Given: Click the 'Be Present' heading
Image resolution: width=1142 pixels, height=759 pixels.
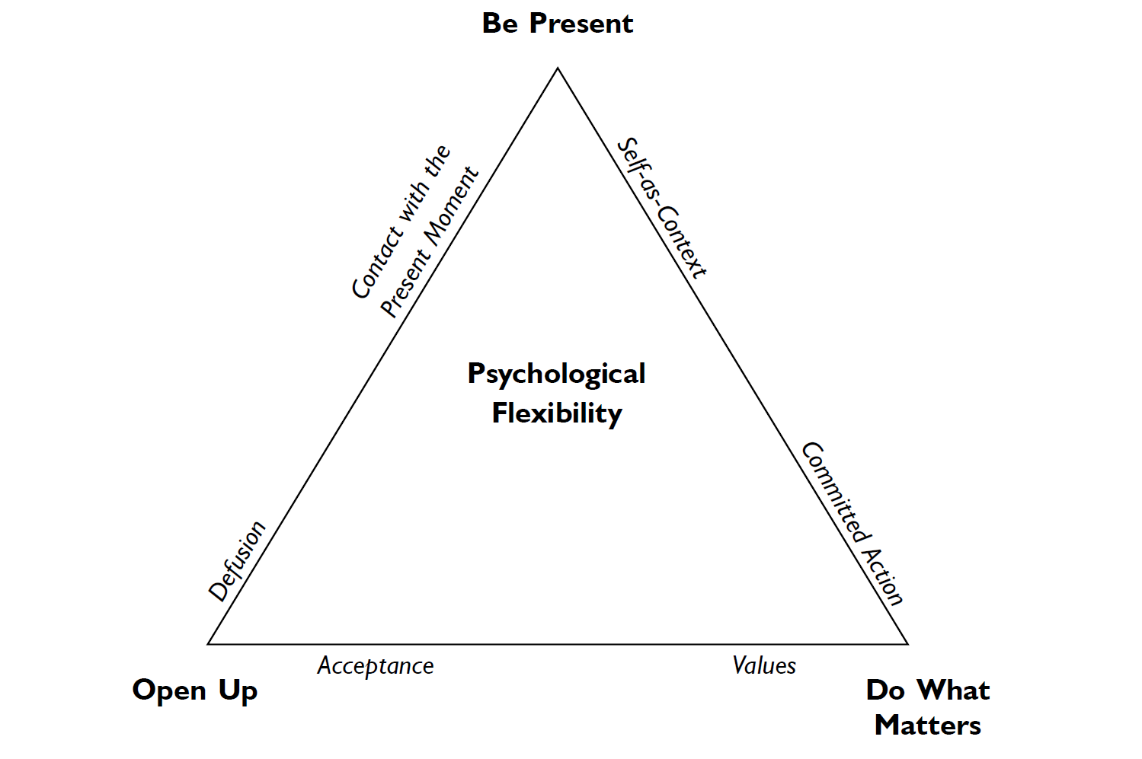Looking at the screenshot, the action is pos(557,24).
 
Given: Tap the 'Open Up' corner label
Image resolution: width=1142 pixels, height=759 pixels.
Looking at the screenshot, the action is pos(195,690).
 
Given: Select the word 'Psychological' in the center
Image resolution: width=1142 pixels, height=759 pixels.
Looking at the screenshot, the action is pos(556,375).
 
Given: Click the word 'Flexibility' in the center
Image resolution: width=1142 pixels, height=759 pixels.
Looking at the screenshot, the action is pos(557,413).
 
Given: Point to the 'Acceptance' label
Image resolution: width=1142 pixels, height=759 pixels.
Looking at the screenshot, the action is pos(376,666).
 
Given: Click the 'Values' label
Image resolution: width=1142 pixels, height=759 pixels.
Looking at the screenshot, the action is pos(764,665).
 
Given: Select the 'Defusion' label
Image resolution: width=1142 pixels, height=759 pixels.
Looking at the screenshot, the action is pos(238,561).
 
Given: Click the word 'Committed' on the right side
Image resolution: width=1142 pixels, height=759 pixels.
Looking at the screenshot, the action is pos(834,493).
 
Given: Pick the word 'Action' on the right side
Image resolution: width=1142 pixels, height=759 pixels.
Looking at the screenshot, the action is pos(884,576).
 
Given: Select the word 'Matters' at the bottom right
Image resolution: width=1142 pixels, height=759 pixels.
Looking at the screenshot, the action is pos(928,726).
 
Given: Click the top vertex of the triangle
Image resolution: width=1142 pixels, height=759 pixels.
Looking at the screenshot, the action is pos(558,69).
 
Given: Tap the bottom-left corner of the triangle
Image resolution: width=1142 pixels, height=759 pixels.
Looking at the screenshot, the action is pos(209,644).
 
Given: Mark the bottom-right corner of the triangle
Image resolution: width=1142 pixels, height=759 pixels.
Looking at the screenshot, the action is pos(907,644).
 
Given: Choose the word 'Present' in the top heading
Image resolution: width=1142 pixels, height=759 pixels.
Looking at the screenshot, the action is pos(581,24).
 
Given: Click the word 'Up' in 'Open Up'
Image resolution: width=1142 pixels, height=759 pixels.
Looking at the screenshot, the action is pos(238,691).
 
